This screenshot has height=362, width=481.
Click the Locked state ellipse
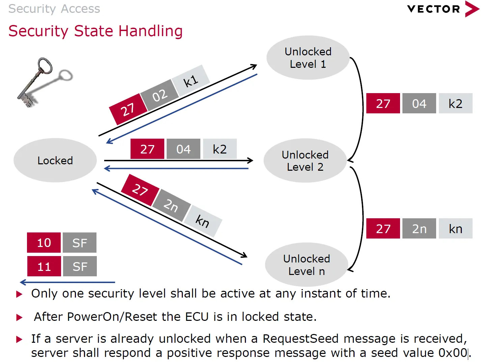55,160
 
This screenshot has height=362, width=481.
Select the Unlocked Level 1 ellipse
308,58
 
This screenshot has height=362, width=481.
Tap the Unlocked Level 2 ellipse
305,161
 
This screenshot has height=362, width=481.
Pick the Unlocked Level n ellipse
306,264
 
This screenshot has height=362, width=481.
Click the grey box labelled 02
160,95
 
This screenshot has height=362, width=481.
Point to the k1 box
191,81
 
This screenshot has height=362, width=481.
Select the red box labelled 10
44,243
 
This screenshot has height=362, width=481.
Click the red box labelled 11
44,267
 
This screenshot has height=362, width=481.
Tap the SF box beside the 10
80,243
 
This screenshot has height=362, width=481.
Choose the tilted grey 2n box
171,205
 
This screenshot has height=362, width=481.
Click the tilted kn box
203,221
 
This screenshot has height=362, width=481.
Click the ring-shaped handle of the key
45,65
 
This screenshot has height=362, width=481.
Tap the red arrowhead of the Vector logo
472,9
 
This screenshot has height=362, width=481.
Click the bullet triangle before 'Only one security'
20,294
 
